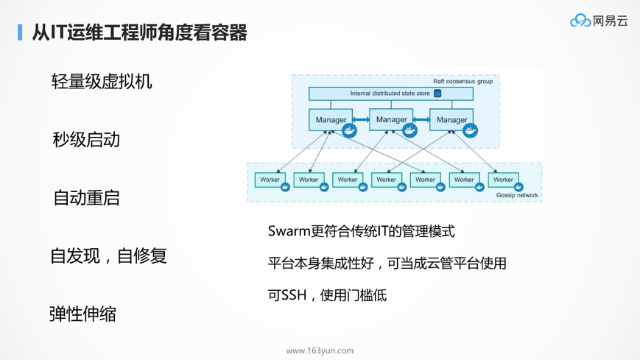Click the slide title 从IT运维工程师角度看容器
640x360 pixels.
(x=139, y=32)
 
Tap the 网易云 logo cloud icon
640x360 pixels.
(x=580, y=21)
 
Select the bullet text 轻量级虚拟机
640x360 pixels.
(x=102, y=81)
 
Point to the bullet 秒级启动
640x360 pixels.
(x=86, y=139)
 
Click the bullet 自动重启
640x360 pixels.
(x=86, y=197)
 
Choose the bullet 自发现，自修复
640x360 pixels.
(x=109, y=255)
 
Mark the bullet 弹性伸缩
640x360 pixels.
(x=82, y=314)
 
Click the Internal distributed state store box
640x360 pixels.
(x=390, y=93)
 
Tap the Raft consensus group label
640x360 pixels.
(x=463, y=81)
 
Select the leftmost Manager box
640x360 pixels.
(x=331, y=120)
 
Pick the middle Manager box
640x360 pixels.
(x=391, y=119)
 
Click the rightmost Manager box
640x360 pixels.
(x=451, y=120)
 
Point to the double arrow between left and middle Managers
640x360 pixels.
(x=361, y=120)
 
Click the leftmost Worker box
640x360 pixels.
(x=270, y=179)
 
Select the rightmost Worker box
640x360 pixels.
(x=503, y=179)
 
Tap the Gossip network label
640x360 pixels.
(x=516, y=195)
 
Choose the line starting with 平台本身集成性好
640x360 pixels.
(x=387, y=263)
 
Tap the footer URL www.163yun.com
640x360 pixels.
(x=320, y=350)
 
